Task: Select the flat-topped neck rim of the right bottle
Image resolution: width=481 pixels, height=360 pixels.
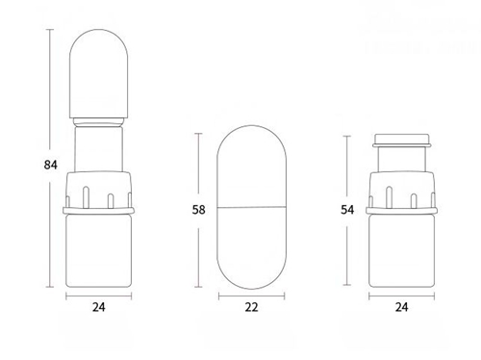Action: point(404,140)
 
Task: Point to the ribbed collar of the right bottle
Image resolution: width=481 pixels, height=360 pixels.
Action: point(404,190)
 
